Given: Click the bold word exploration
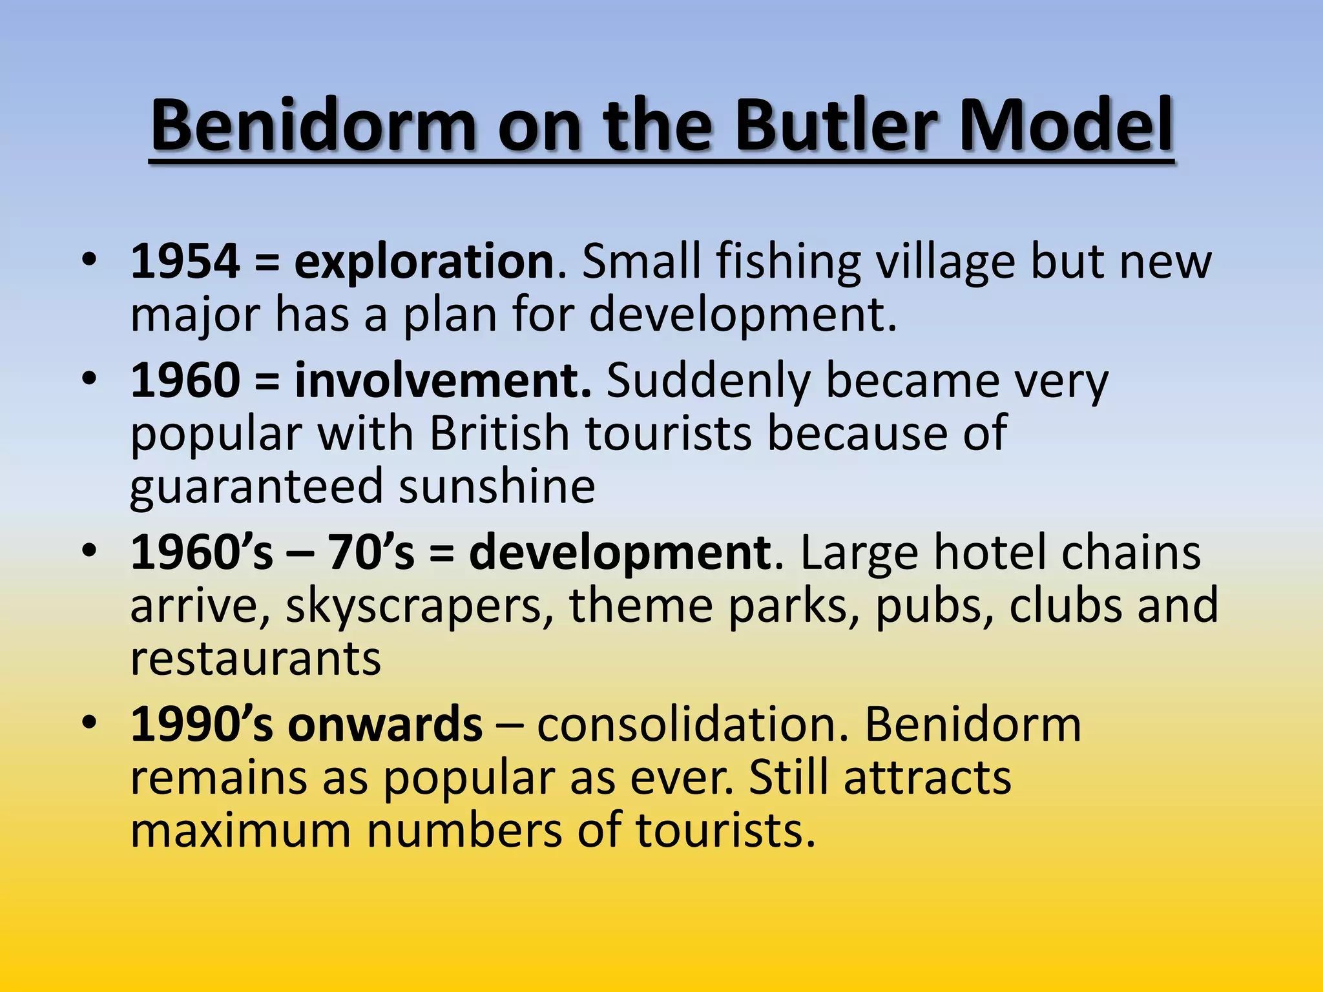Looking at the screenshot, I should click(x=424, y=263).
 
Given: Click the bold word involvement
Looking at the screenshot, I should click(x=443, y=381).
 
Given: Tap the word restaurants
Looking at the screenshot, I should click(x=256, y=659).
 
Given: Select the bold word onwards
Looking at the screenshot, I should click(x=385, y=725).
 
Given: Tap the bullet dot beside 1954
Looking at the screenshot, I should click(x=90, y=258).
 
